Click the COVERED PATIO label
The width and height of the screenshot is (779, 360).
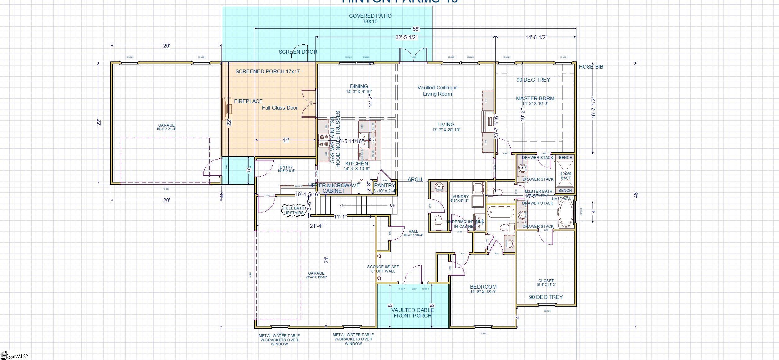(x=370, y=19)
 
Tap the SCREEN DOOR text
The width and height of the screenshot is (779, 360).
(x=298, y=52)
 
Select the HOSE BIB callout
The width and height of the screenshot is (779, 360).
(x=591, y=67)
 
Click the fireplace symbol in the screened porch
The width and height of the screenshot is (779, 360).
(x=228, y=109)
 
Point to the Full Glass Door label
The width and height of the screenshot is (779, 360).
(x=280, y=108)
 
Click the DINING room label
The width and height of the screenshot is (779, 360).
(x=359, y=88)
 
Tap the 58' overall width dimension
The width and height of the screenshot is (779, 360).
(x=416, y=29)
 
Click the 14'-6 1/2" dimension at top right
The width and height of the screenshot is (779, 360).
(x=536, y=37)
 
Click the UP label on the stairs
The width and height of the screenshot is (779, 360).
(x=392, y=205)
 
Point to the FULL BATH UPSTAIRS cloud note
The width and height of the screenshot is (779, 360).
(x=293, y=210)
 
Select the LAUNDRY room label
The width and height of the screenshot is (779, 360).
(x=459, y=198)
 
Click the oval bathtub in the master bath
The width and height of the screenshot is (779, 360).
(x=566, y=213)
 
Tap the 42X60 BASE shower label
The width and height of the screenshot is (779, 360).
(x=566, y=176)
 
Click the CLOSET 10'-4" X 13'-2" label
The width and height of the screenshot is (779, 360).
(x=546, y=282)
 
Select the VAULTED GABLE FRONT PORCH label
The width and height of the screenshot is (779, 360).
(x=412, y=313)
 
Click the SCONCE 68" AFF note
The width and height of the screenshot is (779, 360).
(x=383, y=269)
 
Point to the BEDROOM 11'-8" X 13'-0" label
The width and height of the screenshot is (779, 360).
(x=483, y=289)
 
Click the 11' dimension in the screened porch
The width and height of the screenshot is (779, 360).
(x=286, y=140)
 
